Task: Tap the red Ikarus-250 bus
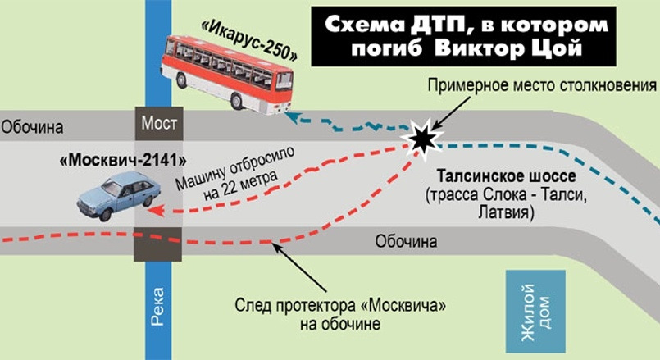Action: pos(225,71)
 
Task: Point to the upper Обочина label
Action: pos(32,127)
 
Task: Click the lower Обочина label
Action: pos(406,242)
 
